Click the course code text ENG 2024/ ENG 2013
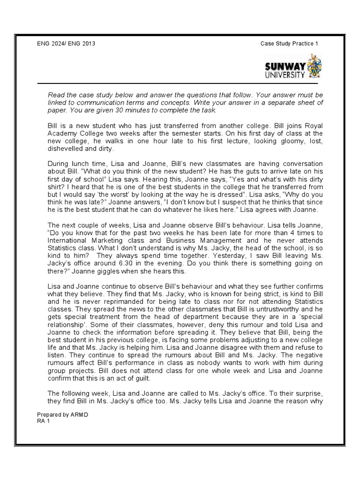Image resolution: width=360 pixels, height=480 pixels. [x=68, y=44]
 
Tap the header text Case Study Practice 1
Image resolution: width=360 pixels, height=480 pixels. [x=289, y=44]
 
